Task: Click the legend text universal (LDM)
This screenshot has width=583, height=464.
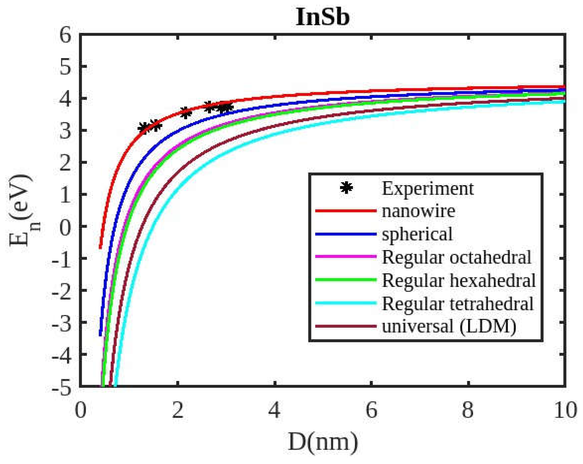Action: tap(449, 327)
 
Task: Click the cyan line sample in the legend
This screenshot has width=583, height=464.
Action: tap(346, 303)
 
